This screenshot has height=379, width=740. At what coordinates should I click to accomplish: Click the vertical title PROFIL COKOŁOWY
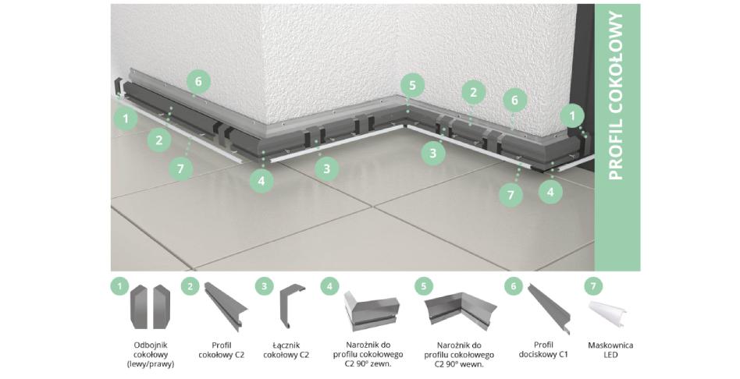[x=617, y=96]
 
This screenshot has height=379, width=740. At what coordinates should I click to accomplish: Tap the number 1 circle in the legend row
[x=120, y=285]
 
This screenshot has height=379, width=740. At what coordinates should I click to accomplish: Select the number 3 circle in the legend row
[x=264, y=285]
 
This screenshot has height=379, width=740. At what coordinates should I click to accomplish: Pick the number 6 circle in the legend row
[x=514, y=285]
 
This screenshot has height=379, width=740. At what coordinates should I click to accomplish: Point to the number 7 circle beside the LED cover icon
[x=592, y=285]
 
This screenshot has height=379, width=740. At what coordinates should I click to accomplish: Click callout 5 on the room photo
[x=412, y=86]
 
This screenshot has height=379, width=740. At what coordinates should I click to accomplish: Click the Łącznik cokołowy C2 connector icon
[x=293, y=306]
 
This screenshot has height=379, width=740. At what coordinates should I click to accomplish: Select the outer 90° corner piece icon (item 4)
[x=372, y=308]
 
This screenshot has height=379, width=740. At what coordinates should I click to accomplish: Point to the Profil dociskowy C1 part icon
[x=547, y=308]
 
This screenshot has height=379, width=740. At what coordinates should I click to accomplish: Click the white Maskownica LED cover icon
[x=608, y=314]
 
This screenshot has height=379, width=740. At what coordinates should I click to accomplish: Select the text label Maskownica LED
[x=610, y=350]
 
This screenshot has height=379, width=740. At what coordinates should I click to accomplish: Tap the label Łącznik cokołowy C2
[x=286, y=350]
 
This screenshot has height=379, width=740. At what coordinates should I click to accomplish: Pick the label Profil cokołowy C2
[x=222, y=350]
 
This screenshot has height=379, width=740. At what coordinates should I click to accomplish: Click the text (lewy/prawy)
[x=150, y=364]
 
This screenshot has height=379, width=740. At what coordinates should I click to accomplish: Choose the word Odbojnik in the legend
[x=151, y=345]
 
